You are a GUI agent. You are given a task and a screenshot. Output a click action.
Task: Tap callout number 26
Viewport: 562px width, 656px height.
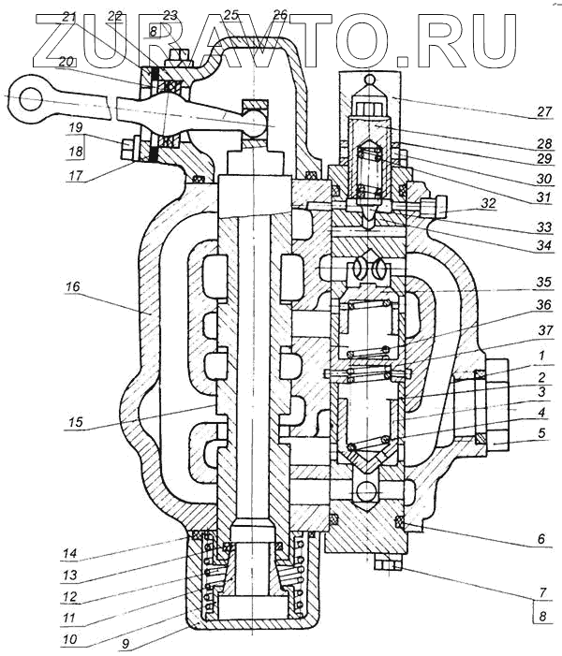(280, 16)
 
